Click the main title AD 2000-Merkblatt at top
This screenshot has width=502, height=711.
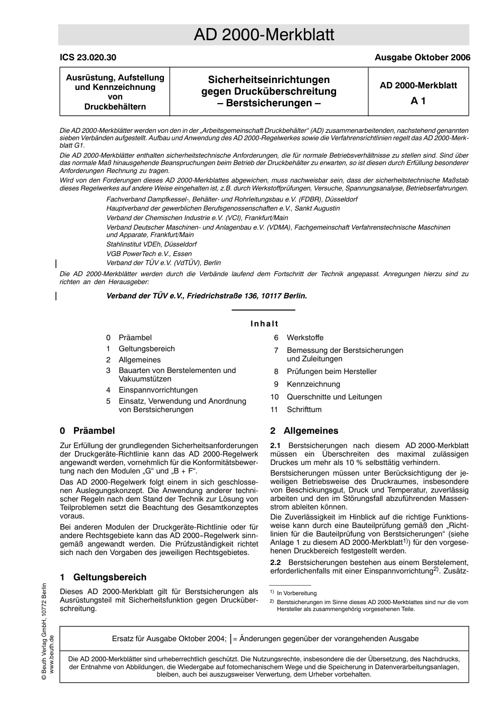264,35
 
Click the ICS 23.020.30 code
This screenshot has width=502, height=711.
88,58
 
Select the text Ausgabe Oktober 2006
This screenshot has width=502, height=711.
422,58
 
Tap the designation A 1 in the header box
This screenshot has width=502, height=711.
418,101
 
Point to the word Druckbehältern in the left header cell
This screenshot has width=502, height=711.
115,106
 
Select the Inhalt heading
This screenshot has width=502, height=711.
264,324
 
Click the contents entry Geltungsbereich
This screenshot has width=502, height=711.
146,349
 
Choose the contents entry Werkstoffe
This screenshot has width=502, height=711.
305,338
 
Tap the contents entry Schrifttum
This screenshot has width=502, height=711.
304,409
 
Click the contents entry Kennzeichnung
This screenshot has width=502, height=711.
313,384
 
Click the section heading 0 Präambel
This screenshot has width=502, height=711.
87,431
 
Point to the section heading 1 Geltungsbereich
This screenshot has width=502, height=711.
103,577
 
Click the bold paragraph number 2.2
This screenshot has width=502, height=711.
275,562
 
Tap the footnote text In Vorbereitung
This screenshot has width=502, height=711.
296,594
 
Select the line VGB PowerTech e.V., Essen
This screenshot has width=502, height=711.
149,253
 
